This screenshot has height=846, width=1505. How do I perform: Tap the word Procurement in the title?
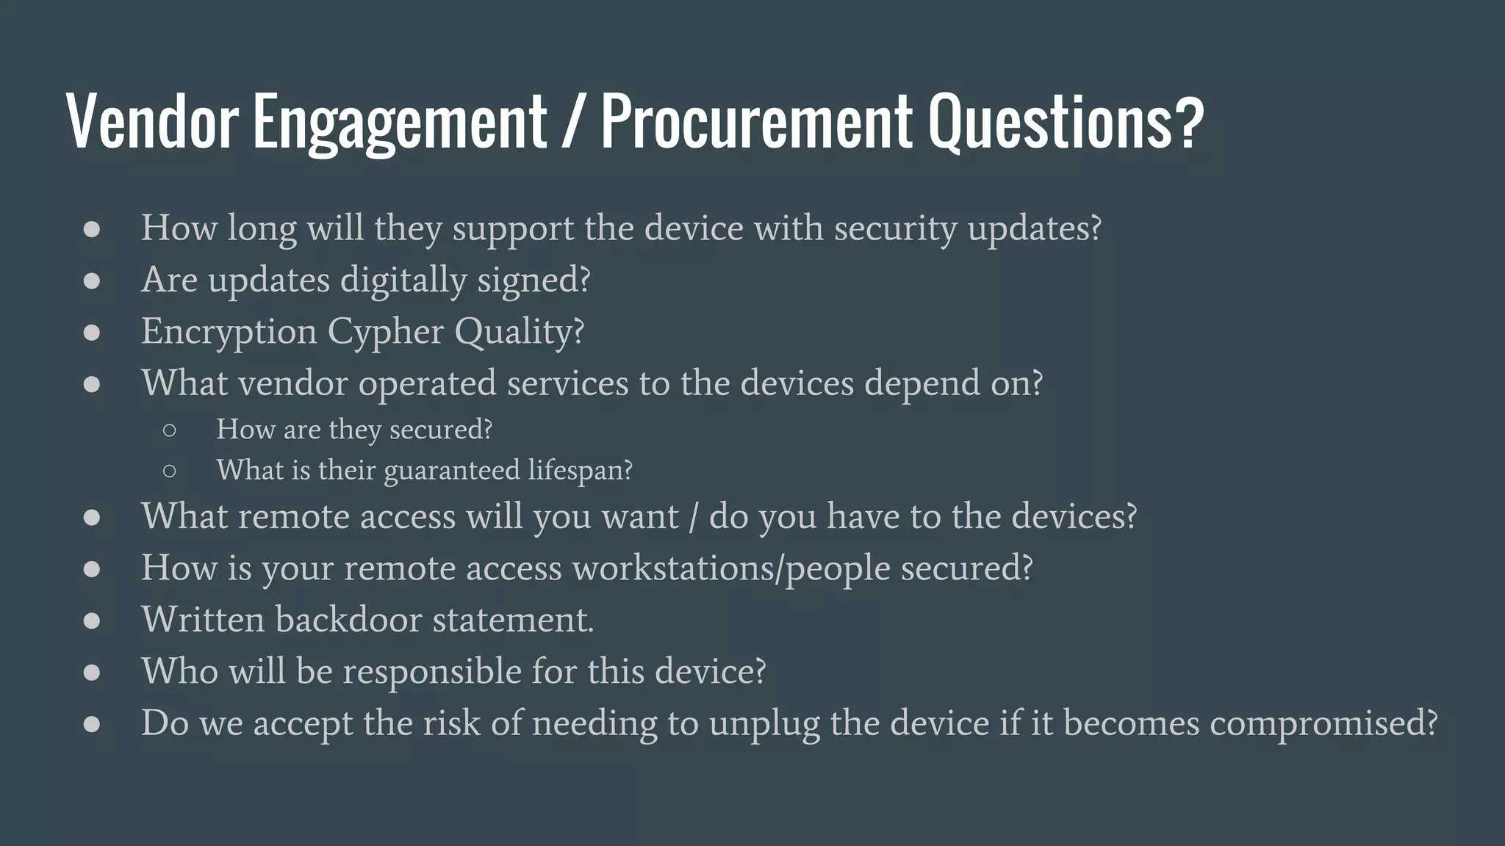(x=756, y=121)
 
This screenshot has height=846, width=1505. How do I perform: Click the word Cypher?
(x=386, y=332)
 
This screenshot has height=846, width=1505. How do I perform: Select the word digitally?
(x=403, y=281)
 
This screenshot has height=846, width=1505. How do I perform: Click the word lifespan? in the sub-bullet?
(x=580, y=470)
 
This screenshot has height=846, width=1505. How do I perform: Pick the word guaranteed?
(x=451, y=471)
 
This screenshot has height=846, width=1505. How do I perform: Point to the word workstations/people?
(x=731, y=568)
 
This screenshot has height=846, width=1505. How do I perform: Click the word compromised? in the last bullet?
(x=1323, y=723)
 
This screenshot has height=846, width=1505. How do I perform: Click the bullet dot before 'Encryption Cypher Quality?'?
(x=92, y=333)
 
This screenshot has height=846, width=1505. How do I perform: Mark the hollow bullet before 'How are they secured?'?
(x=169, y=430)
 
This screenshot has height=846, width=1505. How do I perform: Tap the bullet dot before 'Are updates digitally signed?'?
(x=92, y=281)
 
